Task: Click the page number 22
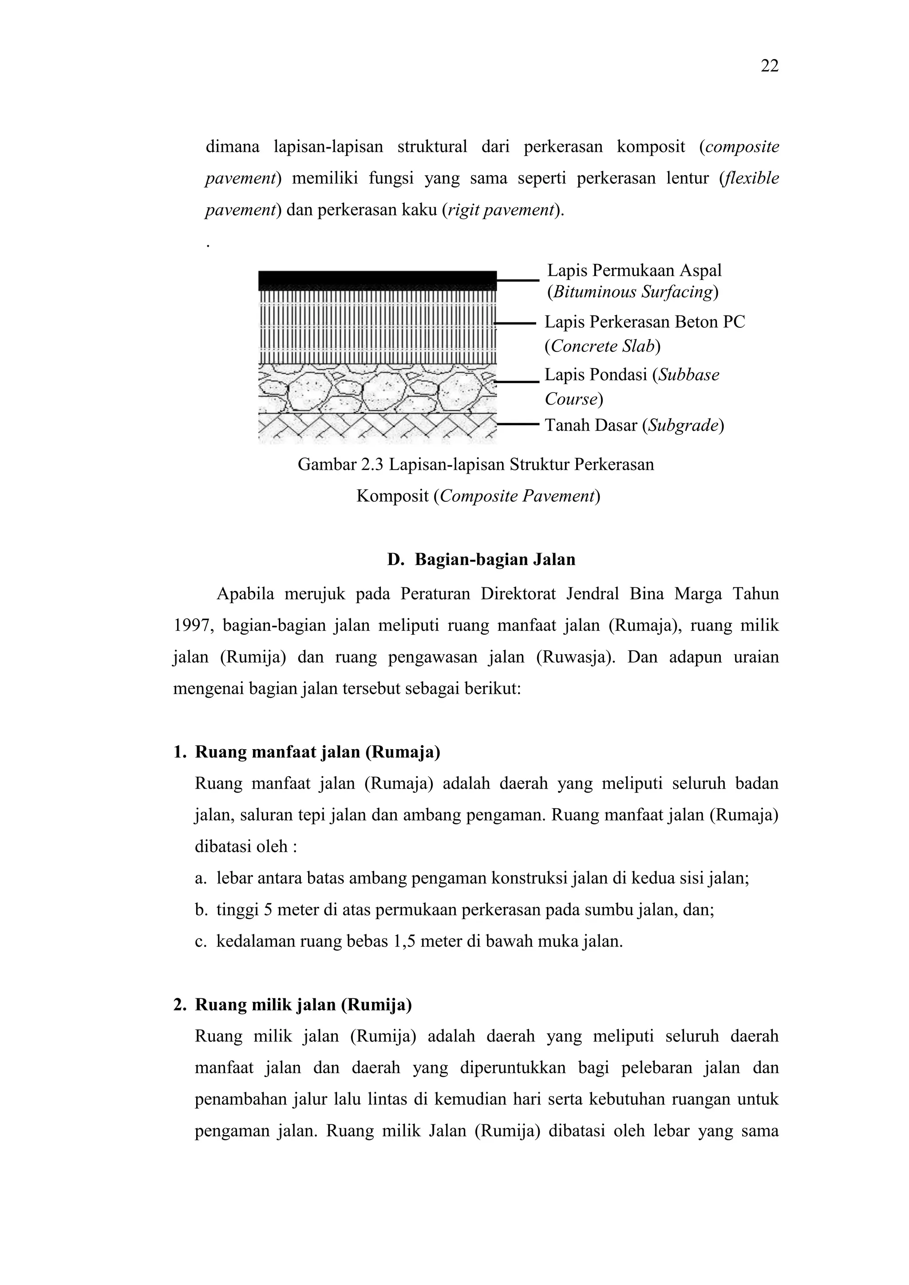(x=770, y=66)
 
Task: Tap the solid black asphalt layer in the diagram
(x=377, y=280)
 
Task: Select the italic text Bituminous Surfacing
(x=633, y=292)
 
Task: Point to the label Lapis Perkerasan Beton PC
(x=644, y=322)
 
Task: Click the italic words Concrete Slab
(x=603, y=346)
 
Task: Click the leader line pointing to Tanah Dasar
(x=518, y=425)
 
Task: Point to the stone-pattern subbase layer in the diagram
(x=377, y=388)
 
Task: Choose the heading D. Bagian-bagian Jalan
(x=481, y=560)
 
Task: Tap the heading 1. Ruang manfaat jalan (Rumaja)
(x=307, y=752)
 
